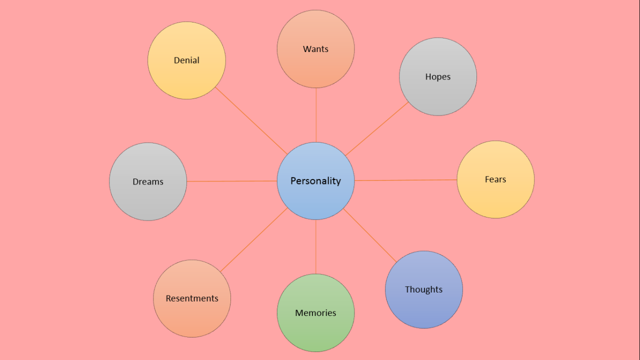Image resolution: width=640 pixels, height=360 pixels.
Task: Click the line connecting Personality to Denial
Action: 251,121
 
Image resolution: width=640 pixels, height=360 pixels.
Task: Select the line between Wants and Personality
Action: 316,115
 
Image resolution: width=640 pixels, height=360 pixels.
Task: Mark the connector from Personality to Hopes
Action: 377,129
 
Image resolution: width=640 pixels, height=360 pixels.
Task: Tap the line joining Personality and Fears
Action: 405,180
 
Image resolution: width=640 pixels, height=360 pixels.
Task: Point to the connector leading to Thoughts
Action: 370,235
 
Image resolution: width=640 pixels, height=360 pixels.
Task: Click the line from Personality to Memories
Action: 316,247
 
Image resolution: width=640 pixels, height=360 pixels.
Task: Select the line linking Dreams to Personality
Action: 232,181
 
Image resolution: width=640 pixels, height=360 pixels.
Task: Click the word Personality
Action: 315,181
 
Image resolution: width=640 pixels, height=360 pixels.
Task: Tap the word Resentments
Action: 192,298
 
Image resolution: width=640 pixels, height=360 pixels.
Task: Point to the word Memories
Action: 315,313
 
